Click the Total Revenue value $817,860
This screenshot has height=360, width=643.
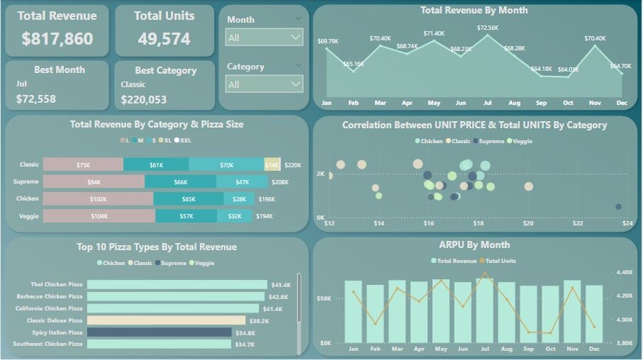pos(57,39)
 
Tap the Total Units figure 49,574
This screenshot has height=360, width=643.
pos(164,39)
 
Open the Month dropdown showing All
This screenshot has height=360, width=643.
pos(264,38)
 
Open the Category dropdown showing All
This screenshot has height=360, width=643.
pos(264,84)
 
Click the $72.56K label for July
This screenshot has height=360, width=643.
pos(488,28)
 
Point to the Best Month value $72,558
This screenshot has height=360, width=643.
pos(36,99)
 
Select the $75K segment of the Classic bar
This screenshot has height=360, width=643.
pos(83,164)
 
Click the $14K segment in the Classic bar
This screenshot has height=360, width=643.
pos(272,164)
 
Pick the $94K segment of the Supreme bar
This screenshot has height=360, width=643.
pos(94,182)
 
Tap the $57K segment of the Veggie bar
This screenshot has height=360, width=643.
pos(186,216)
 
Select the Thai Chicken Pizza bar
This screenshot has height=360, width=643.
pos(177,284)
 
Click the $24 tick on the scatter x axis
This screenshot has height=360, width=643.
pos(627,223)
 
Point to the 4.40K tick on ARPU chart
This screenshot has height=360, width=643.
pos(625,272)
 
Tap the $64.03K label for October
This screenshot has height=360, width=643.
pos(568,69)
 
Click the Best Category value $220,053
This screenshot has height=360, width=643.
pos(144,100)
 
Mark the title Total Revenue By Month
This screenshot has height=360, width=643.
pos(474,11)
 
